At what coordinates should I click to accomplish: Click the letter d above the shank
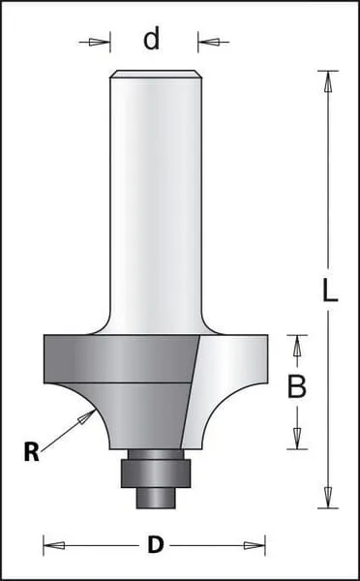coord(152,39)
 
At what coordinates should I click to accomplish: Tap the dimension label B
coord(297,386)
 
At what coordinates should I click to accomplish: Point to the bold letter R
coord(32,452)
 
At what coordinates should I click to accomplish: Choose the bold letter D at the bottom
coord(156,545)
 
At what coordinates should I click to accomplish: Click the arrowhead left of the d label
coord(100,43)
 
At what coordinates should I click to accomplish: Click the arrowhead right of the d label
coord(208,43)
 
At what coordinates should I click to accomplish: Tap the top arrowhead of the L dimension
coord(327,81)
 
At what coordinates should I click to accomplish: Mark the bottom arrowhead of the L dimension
coord(327,498)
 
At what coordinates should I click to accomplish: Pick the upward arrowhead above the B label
coord(297,346)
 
